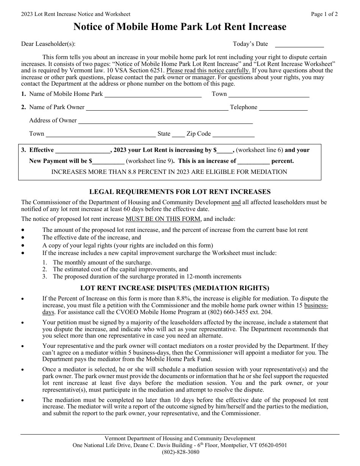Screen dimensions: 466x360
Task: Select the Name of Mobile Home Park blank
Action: (153, 94)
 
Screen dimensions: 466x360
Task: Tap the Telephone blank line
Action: (283, 108)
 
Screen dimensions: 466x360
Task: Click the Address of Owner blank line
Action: (165, 121)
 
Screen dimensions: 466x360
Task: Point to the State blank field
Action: (178, 134)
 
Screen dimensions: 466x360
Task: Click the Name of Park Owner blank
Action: (157, 108)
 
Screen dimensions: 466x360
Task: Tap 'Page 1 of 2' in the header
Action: (324, 14)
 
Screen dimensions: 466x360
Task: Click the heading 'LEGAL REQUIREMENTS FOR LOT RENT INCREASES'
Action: (180, 192)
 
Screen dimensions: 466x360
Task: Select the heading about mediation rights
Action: (180, 288)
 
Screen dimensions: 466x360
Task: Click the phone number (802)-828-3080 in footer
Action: (180, 452)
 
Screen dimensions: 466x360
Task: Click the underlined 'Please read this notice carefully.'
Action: (208, 70)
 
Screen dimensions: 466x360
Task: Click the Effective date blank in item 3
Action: (82, 150)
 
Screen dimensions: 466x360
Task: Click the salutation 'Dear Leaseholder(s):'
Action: (48, 44)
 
